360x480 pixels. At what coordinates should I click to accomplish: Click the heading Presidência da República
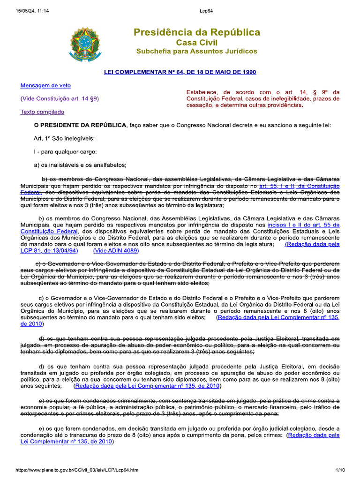tap(196, 32)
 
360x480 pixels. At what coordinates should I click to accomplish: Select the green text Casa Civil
tap(196, 43)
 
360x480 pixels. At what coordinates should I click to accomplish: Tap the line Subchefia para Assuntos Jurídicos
tap(196, 51)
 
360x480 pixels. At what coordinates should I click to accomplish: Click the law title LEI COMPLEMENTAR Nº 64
tap(180, 72)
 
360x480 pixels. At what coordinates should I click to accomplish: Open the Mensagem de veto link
tap(45, 85)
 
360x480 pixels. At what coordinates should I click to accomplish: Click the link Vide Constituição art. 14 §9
tap(60, 98)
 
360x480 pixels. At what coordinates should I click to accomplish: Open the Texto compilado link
tap(42, 112)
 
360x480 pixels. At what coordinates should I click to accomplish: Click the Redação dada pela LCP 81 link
tap(312, 244)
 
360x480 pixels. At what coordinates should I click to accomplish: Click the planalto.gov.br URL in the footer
tap(77, 470)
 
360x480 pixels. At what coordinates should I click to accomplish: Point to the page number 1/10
tap(340, 470)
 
